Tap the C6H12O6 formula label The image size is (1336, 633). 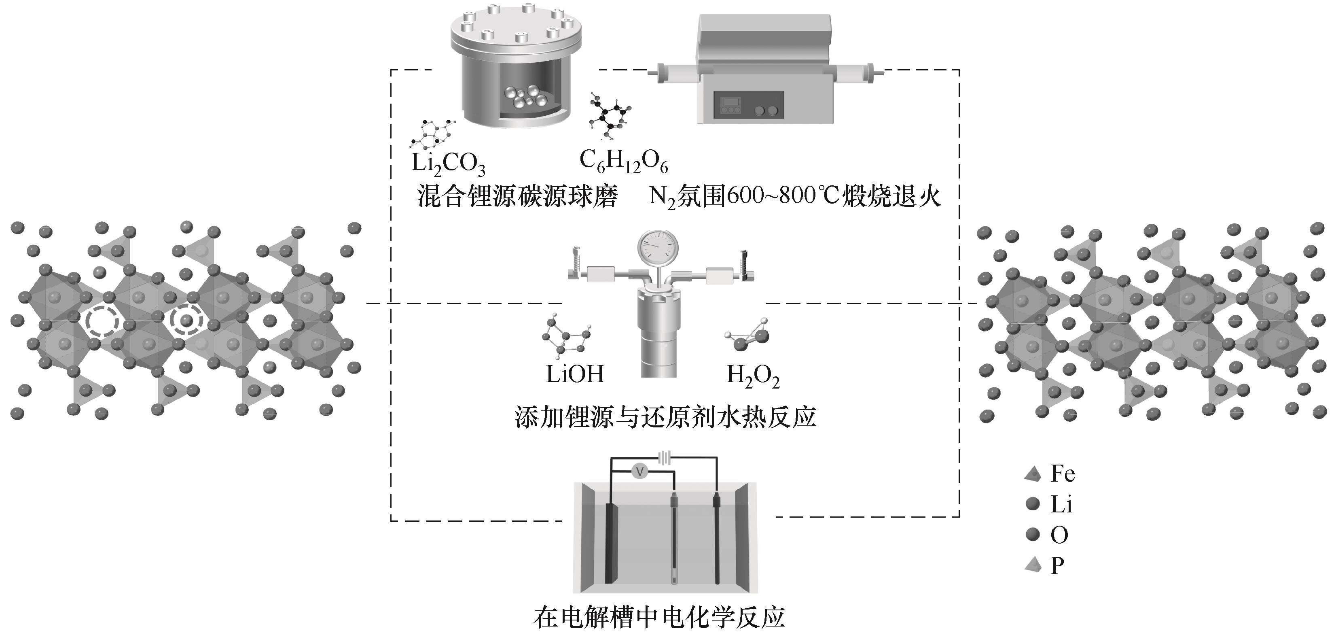pyautogui.click(x=623, y=161)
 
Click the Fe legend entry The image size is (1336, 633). pyautogui.click(x=1050, y=473)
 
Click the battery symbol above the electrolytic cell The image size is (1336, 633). pyautogui.click(x=665, y=457)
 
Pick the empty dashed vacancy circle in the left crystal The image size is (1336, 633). pyautogui.click(x=102, y=322)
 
